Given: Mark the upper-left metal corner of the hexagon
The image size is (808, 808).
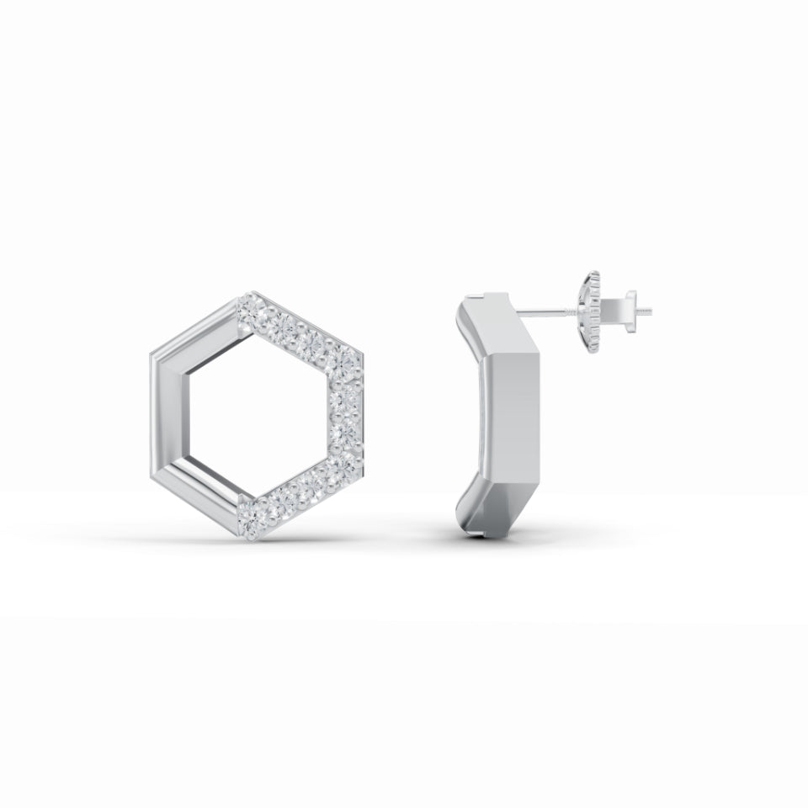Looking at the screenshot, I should [158, 357].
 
